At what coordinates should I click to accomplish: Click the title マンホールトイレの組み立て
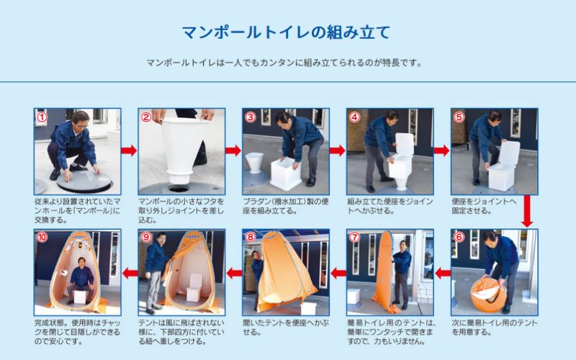[x=286, y=32]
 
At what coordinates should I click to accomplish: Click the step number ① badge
[x=42, y=117]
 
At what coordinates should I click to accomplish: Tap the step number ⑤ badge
[x=459, y=117]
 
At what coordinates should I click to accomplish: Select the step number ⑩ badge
[x=42, y=237]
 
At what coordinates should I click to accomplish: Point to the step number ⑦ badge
[x=354, y=237]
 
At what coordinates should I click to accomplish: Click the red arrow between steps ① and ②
[x=129, y=150]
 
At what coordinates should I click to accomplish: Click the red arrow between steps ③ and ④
[x=337, y=150]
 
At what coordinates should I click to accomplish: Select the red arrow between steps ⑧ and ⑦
[x=338, y=273]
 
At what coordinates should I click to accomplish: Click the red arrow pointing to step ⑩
[x=129, y=273]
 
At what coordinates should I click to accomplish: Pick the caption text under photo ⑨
[x=181, y=333]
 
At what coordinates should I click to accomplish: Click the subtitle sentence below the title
[x=285, y=63]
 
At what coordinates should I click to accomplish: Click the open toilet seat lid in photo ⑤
[x=508, y=153]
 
